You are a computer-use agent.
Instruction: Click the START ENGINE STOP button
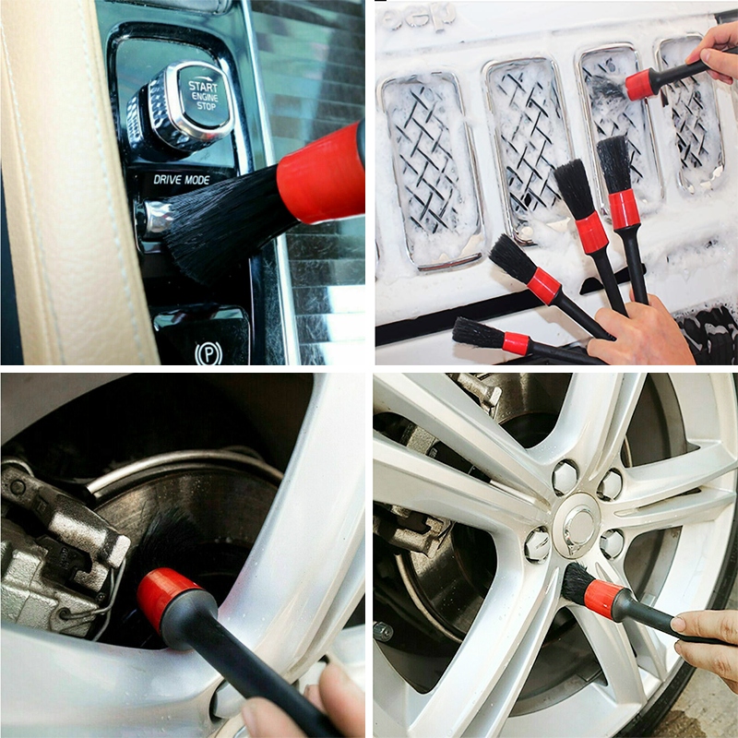(201, 98)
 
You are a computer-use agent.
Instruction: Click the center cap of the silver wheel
(579, 526)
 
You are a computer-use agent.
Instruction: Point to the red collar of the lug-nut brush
(604, 599)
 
